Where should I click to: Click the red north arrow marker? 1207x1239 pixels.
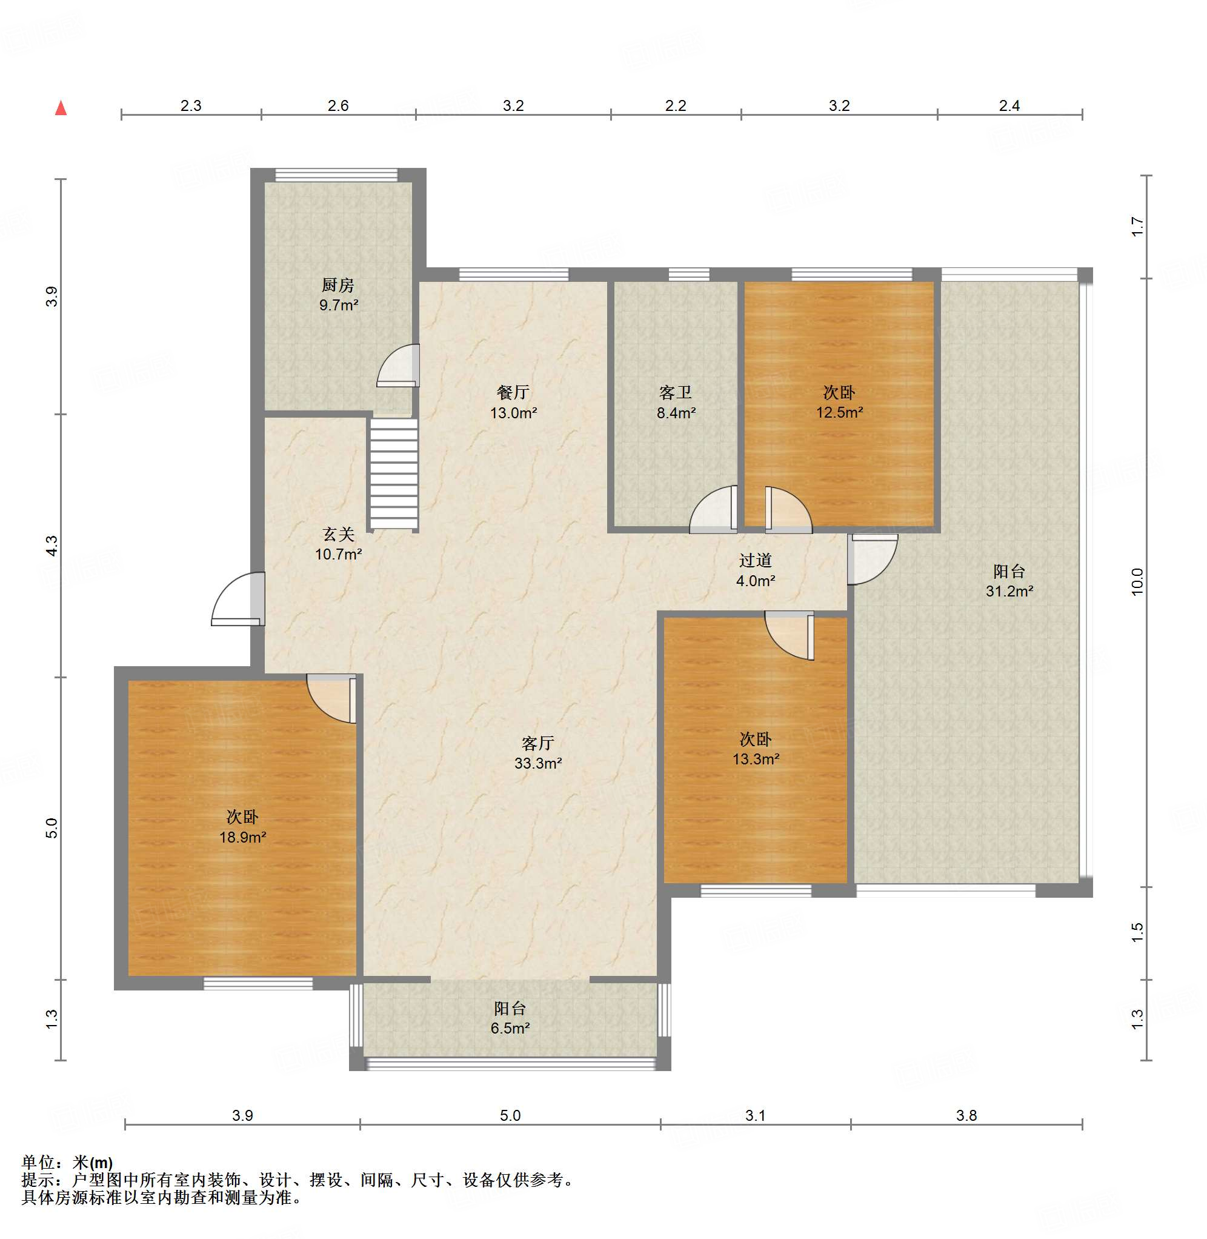click(61, 108)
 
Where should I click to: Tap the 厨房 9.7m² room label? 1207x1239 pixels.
click(339, 295)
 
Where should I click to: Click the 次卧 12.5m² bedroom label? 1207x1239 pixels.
click(839, 402)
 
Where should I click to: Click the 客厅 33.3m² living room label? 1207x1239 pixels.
click(537, 753)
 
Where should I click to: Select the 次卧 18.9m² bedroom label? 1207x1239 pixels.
click(242, 827)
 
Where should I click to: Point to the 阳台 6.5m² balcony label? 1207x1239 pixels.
click(510, 1018)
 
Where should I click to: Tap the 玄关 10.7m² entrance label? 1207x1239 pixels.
click(339, 545)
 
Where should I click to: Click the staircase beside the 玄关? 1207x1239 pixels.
click(394, 473)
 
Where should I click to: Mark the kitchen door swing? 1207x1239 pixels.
click(398, 366)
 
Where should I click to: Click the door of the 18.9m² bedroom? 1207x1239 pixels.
click(331, 699)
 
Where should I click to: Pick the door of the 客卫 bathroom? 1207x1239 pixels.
click(713, 510)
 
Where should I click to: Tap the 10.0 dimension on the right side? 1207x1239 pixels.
click(1137, 581)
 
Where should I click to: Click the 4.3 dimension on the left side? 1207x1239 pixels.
click(52, 546)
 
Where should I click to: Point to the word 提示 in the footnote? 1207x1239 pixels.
click(38, 1180)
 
